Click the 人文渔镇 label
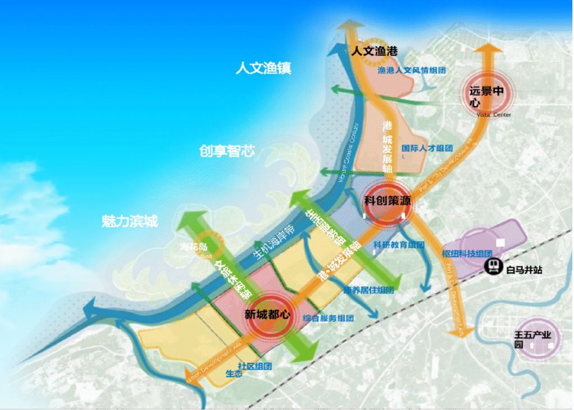tap(263, 69)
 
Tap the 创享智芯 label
tap(226, 151)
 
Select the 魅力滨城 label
tap(129, 221)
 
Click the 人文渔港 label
tap(374, 51)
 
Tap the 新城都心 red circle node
tap(267, 315)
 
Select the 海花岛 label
tap(193, 246)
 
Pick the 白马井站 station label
tap(524, 271)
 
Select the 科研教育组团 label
tap(399, 245)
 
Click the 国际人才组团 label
tap(427, 148)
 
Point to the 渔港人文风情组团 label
tap(411, 71)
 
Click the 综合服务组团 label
tap(328, 318)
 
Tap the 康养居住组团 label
tap(368, 290)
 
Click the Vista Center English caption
tap(494, 115)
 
